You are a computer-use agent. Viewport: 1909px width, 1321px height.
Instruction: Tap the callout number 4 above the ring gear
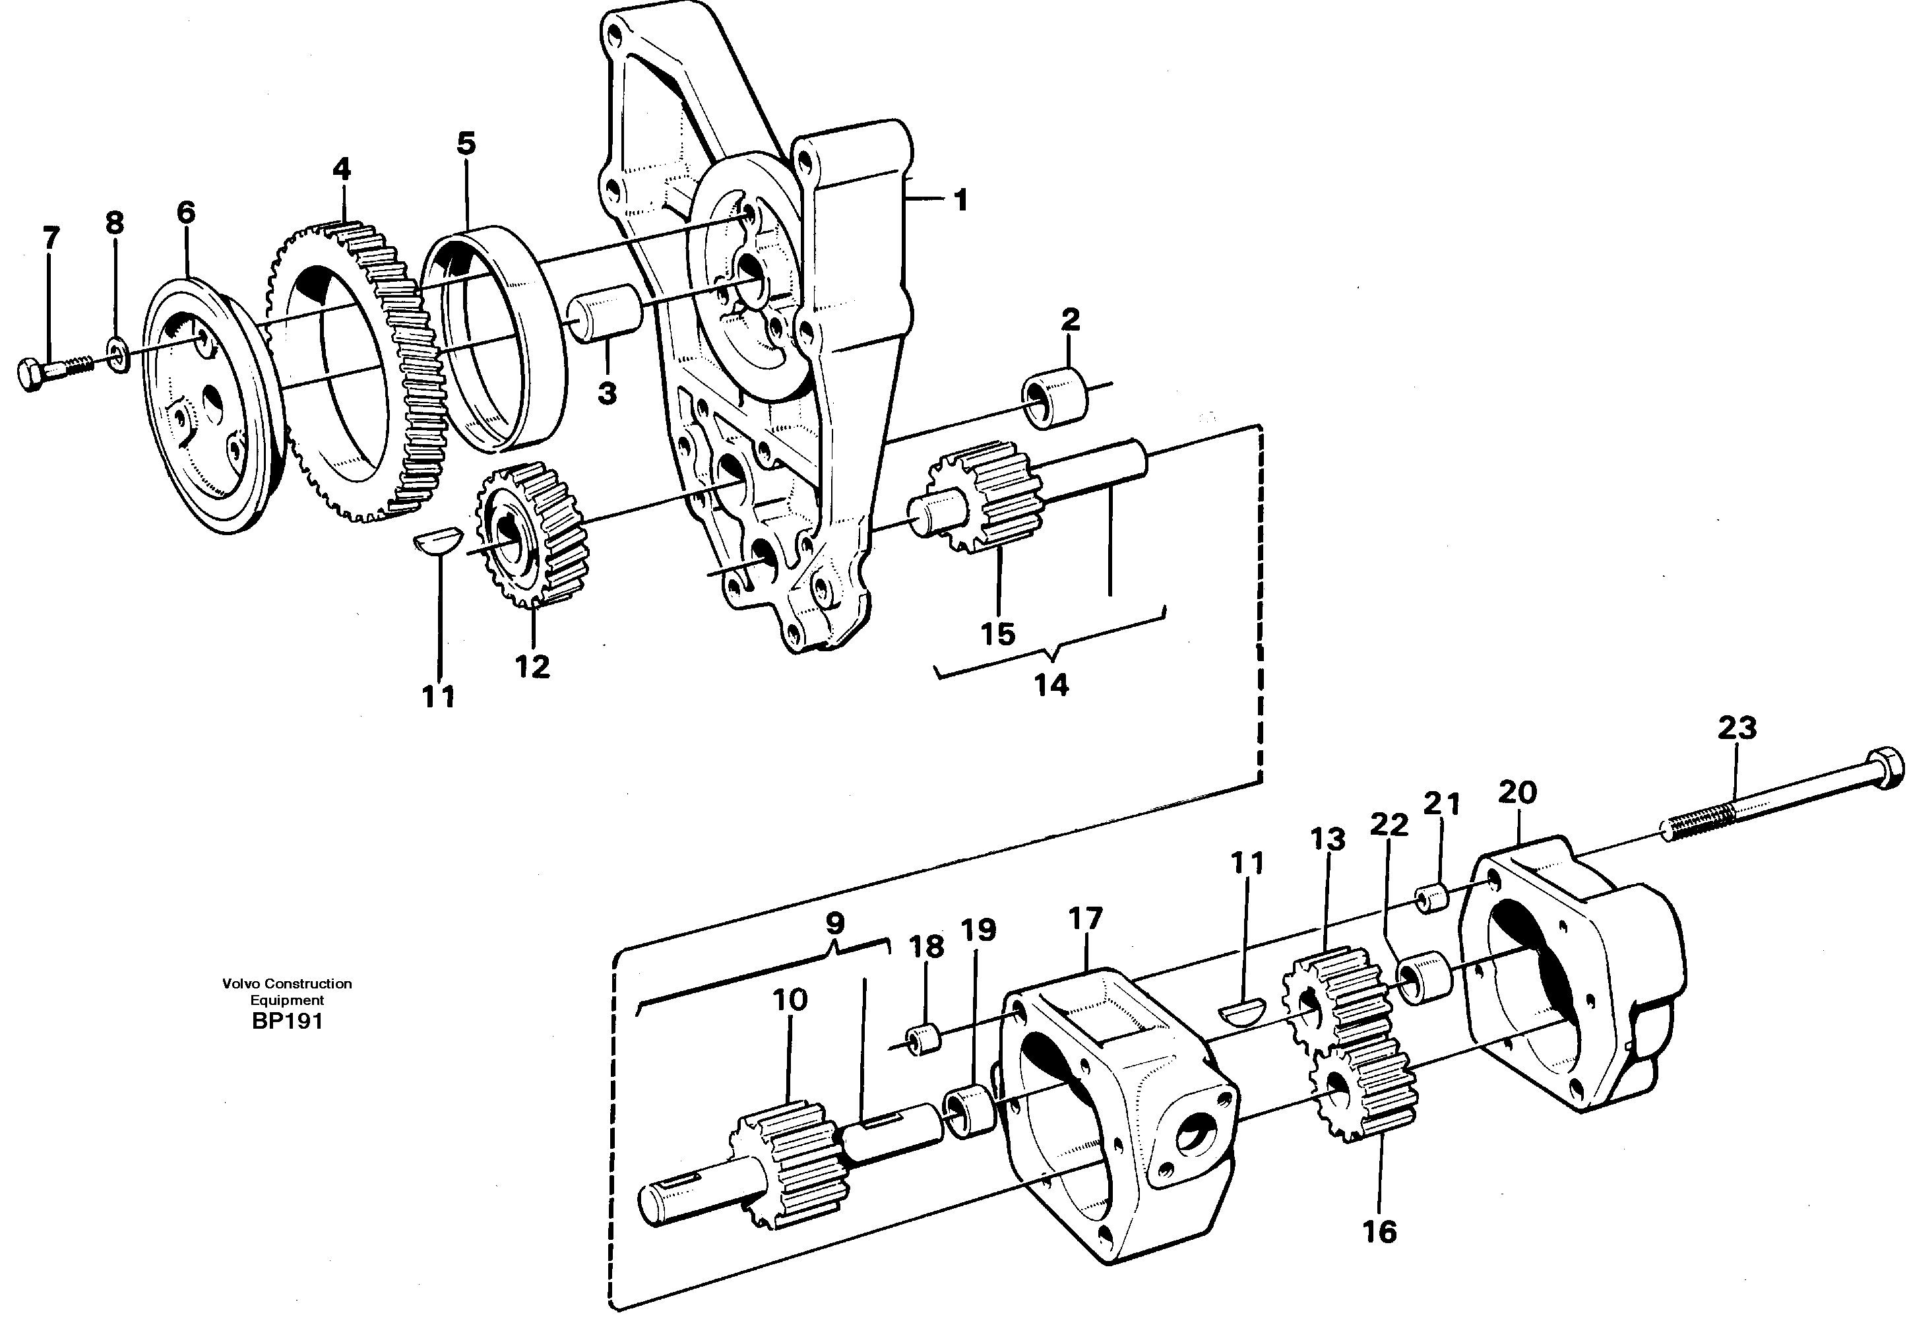click(x=341, y=170)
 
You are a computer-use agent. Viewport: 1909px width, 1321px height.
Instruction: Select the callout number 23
click(x=1737, y=728)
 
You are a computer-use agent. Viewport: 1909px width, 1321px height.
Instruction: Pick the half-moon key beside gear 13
click(x=1243, y=1012)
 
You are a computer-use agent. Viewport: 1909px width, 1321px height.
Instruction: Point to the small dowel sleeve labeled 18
click(x=925, y=1041)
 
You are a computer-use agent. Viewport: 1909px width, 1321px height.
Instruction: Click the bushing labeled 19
click(x=969, y=1113)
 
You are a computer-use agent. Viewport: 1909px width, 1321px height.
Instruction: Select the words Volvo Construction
click(x=287, y=983)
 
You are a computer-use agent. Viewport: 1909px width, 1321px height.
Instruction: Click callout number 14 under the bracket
click(x=1051, y=686)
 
